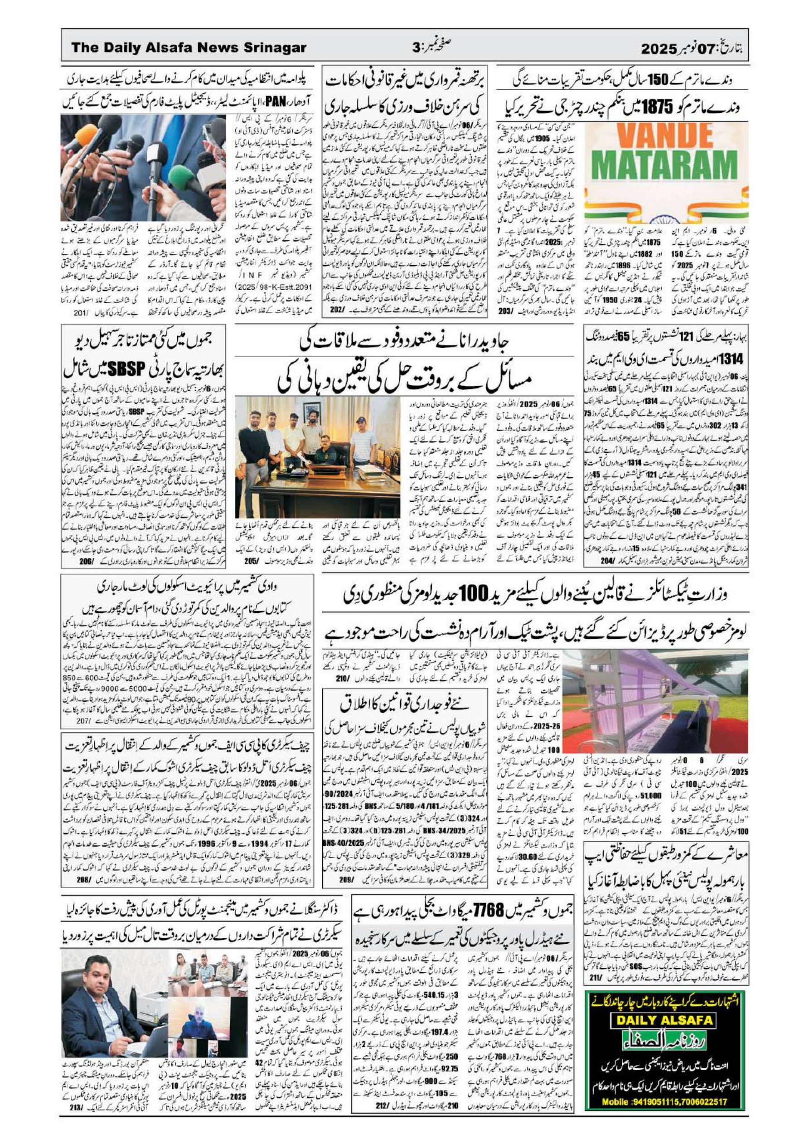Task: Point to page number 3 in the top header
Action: pyautogui.click(x=417, y=49)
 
